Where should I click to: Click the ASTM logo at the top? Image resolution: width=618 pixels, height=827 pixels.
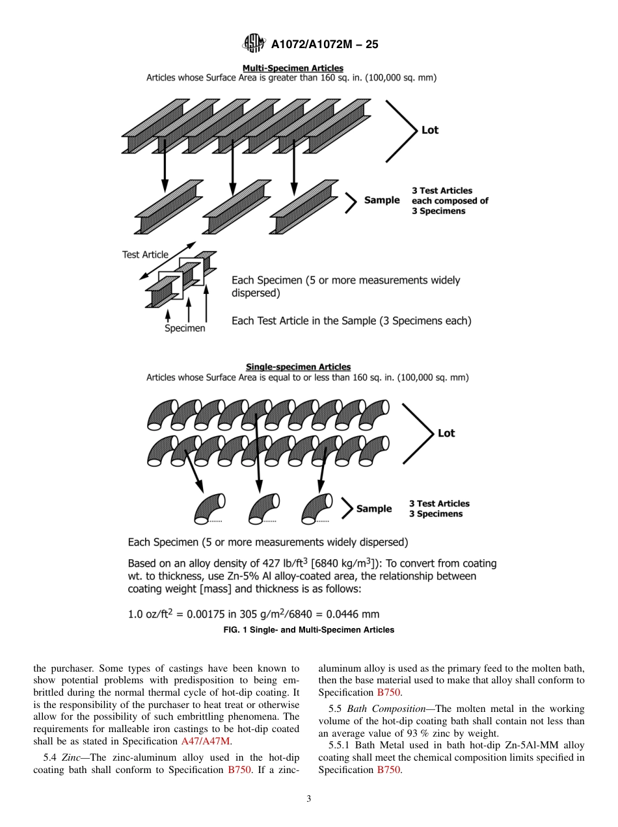252,44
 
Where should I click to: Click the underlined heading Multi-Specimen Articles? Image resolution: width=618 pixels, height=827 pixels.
293,68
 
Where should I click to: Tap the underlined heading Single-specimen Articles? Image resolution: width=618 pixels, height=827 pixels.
298,367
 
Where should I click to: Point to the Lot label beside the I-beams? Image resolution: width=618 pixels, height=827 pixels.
430,130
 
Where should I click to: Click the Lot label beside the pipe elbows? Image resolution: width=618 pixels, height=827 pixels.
446,433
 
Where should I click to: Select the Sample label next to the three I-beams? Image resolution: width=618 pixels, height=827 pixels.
382,200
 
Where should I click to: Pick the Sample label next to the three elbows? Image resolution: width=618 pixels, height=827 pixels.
374,509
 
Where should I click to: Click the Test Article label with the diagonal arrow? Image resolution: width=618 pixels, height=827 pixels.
145,255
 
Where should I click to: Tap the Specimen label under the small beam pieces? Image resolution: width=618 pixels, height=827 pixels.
184,328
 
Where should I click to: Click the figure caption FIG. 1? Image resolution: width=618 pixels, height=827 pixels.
308,629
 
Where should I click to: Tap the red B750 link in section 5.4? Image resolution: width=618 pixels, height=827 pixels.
238,770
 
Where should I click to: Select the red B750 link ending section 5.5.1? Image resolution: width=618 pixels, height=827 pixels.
389,770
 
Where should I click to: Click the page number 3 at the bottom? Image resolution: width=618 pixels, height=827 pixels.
309,799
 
